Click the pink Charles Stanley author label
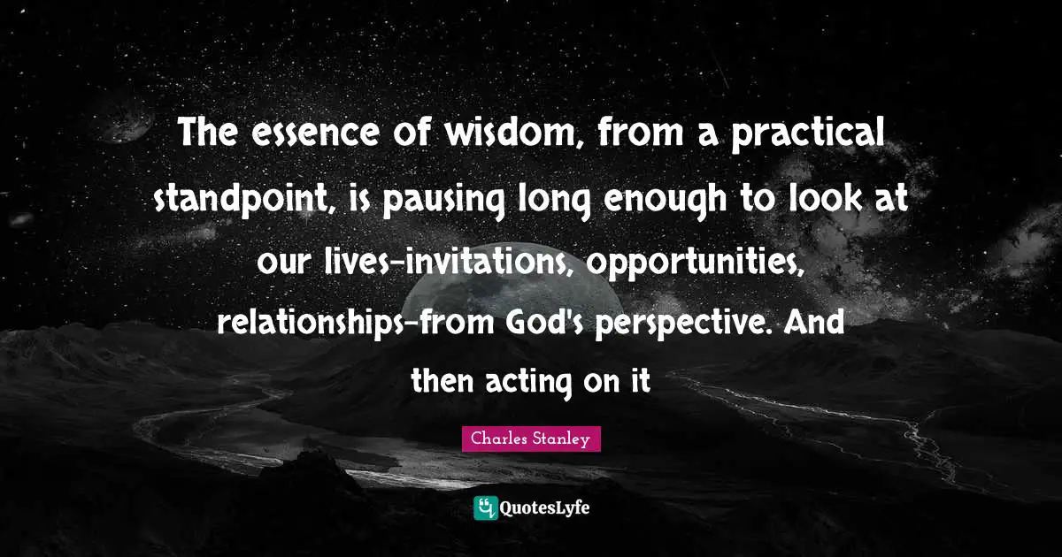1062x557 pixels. tap(531, 439)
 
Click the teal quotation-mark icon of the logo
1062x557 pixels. tap(485, 507)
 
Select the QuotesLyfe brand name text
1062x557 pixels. tap(545, 508)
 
